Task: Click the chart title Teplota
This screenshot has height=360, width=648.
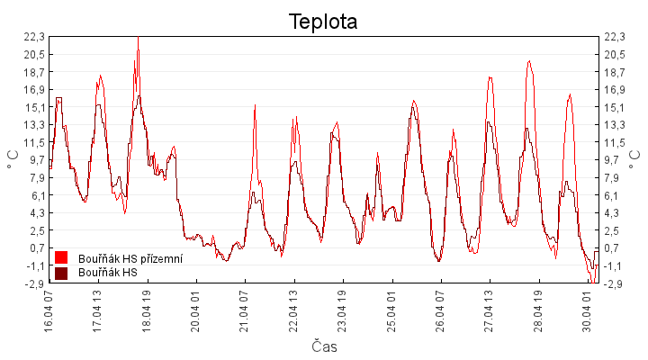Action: [x=323, y=22]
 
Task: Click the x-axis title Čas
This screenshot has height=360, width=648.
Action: [x=326, y=346]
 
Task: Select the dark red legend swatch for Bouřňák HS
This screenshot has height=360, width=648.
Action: [x=61, y=273]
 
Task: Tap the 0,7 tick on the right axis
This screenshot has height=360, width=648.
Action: [x=614, y=248]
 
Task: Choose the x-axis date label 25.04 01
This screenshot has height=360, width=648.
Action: [x=391, y=310]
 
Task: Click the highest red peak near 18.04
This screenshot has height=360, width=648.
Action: [x=138, y=38]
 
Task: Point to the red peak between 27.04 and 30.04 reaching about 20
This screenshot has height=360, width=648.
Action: [x=529, y=61]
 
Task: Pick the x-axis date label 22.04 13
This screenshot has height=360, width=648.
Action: [x=293, y=310]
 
